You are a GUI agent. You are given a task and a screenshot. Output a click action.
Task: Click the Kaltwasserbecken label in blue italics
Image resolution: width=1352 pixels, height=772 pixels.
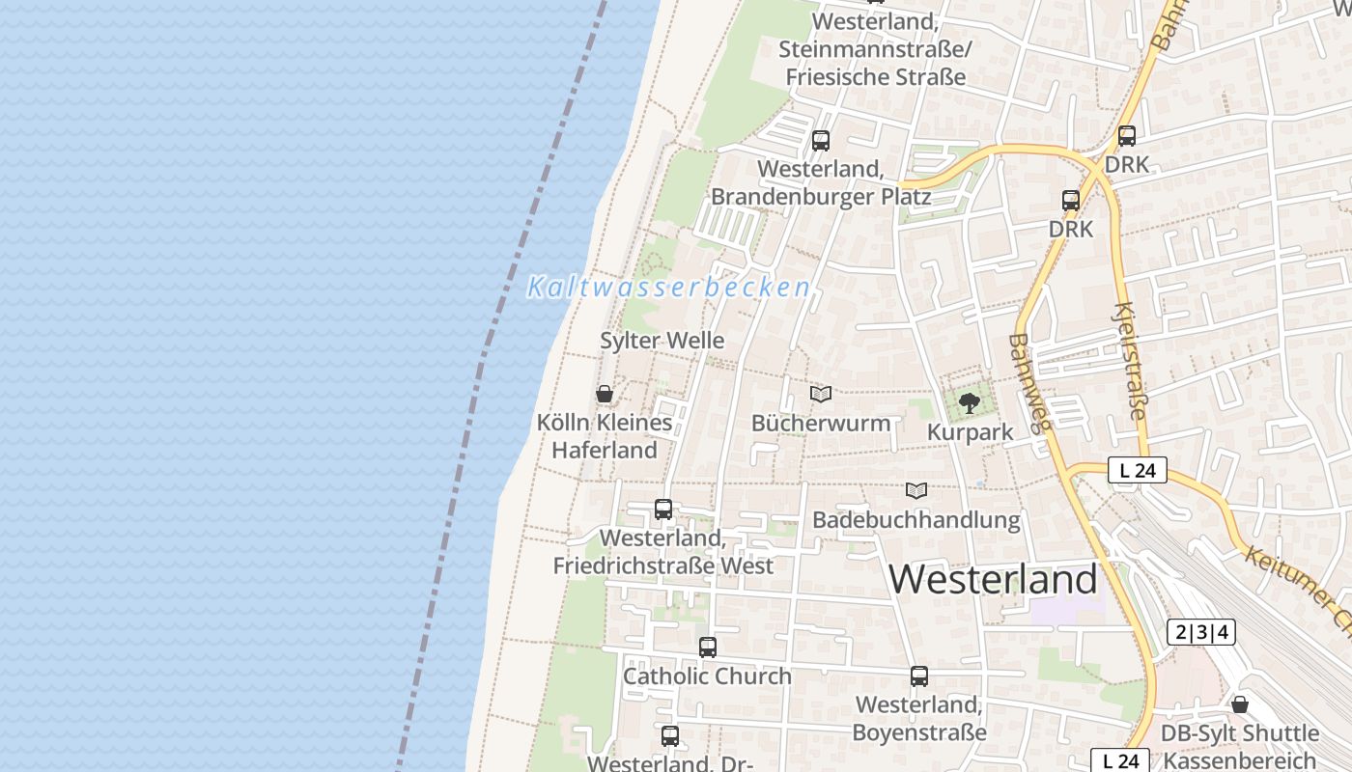(x=668, y=288)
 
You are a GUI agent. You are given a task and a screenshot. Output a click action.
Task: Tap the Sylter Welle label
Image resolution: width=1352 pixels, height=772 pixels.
(x=662, y=341)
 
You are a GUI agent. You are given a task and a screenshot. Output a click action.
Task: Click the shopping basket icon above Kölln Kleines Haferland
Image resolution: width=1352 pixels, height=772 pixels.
(x=605, y=394)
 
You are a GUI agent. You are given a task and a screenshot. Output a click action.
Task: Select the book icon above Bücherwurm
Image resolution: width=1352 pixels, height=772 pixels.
(x=821, y=394)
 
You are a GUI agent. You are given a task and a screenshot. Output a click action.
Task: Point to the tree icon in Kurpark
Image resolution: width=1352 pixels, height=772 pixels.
(x=970, y=402)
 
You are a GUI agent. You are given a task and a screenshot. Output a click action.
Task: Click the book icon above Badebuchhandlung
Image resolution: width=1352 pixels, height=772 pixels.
(x=915, y=491)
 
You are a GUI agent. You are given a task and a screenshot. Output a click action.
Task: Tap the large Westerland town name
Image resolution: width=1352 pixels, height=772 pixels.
(x=993, y=579)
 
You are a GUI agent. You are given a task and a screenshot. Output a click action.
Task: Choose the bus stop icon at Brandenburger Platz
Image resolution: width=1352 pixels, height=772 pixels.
(x=821, y=141)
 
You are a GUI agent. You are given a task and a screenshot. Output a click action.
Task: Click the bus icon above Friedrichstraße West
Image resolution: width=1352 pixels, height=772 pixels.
(x=663, y=510)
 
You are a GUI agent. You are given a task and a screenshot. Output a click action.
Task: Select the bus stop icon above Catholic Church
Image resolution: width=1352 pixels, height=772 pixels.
(x=708, y=648)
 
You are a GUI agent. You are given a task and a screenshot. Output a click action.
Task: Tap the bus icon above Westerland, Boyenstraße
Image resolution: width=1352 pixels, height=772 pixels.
(x=919, y=676)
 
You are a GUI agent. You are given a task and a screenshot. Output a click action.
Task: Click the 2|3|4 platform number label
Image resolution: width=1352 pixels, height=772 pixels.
(x=1201, y=633)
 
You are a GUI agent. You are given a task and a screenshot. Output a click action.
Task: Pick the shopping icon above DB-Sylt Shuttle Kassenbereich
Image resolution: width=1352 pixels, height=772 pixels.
(x=1239, y=704)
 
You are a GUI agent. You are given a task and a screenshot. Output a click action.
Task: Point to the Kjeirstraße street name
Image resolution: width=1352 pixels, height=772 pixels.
(x=1130, y=362)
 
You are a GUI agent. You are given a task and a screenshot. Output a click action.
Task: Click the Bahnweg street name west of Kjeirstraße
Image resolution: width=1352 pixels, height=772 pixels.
(x=1028, y=382)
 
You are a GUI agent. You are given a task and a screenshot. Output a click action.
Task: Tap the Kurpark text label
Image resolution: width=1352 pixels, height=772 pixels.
(x=970, y=432)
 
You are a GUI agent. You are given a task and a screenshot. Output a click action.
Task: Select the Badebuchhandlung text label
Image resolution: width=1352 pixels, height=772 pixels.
(x=915, y=520)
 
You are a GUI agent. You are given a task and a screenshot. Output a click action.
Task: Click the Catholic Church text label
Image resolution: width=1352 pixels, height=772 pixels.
(x=707, y=676)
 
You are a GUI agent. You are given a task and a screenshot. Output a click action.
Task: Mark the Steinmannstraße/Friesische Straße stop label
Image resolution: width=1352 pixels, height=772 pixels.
(x=875, y=49)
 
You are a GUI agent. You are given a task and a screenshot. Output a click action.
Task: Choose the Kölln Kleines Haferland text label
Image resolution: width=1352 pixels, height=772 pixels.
(x=605, y=436)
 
